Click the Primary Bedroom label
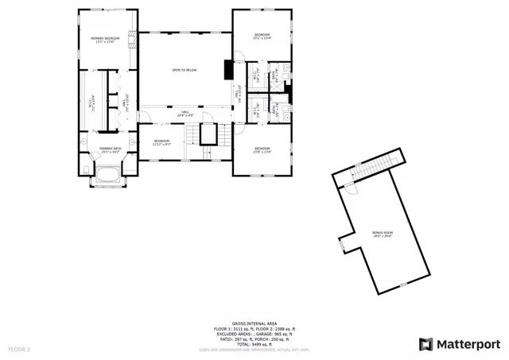coord(104,40)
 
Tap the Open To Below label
coord(185,71)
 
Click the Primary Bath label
coord(110,150)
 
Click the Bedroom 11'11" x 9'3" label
coord(162,142)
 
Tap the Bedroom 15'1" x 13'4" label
coord(262,37)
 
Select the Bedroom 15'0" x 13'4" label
coord(262,150)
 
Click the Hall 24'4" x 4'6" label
coord(185,114)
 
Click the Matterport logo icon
coord(425,343)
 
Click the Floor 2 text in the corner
coord(19,349)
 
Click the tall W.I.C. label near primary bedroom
coord(92,102)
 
